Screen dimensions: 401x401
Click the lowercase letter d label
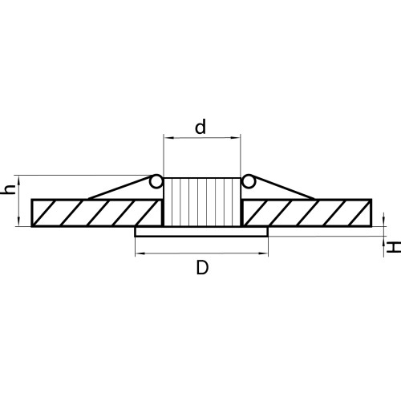coord(200,127)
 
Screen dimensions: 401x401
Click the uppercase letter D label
coord(202,268)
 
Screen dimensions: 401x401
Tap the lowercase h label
coord(8,189)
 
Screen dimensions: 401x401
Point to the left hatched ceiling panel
coord(96,213)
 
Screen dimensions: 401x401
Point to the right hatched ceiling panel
coord(306,213)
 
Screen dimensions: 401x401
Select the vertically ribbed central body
coord(202,202)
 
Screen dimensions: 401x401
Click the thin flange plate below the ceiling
coord(201,232)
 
